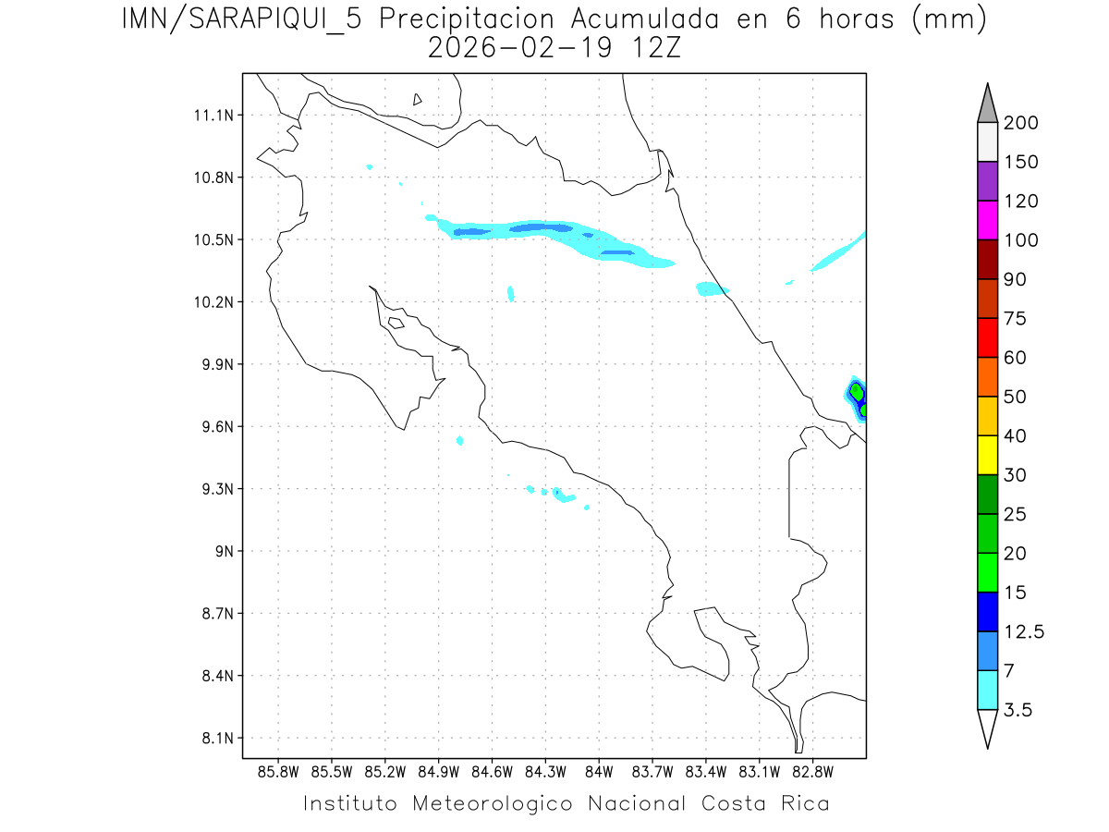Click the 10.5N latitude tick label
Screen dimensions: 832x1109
pyautogui.click(x=216, y=240)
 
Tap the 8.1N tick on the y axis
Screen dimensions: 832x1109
pyautogui.click(x=216, y=739)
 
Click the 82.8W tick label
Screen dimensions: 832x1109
pyautogui.click(x=811, y=771)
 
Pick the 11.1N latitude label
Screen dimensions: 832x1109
pyautogui.click(x=216, y=116)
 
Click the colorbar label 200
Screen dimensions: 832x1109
pyautogui.click(x=1021, y=123)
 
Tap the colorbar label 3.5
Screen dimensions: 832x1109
pyautogui.click(x=1018, y=710)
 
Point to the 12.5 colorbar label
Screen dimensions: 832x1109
pyautogui.click(x=1023, y=631)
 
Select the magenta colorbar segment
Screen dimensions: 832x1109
pyautogui.click(x=987, y=220)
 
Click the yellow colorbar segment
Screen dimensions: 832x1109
pyautogui.click(x=987, y=455)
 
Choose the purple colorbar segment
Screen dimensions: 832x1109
pyautogui.click(x=987, y=181)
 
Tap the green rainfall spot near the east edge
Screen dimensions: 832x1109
pyautogui.click(x=857, y=393)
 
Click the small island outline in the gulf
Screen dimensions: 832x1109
pyautogui.click(x=396, y=323)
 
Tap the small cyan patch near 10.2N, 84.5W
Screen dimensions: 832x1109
pyautogui.click(x=511, y=293)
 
